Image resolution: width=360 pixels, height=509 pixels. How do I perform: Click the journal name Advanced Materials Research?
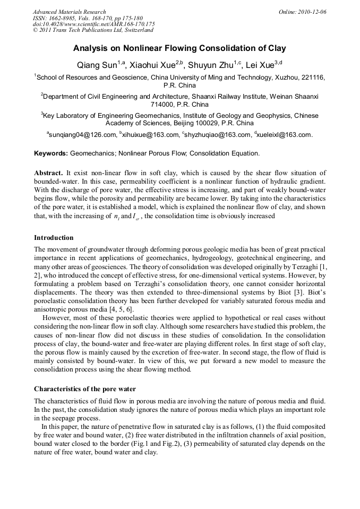(69, 12)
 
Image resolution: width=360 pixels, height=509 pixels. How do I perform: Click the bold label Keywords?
(51, 154)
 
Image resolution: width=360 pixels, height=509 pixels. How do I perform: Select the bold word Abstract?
(48, 173)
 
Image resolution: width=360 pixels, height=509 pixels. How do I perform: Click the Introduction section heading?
(54, 237)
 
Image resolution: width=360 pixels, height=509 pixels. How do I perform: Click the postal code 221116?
(313, 77)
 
